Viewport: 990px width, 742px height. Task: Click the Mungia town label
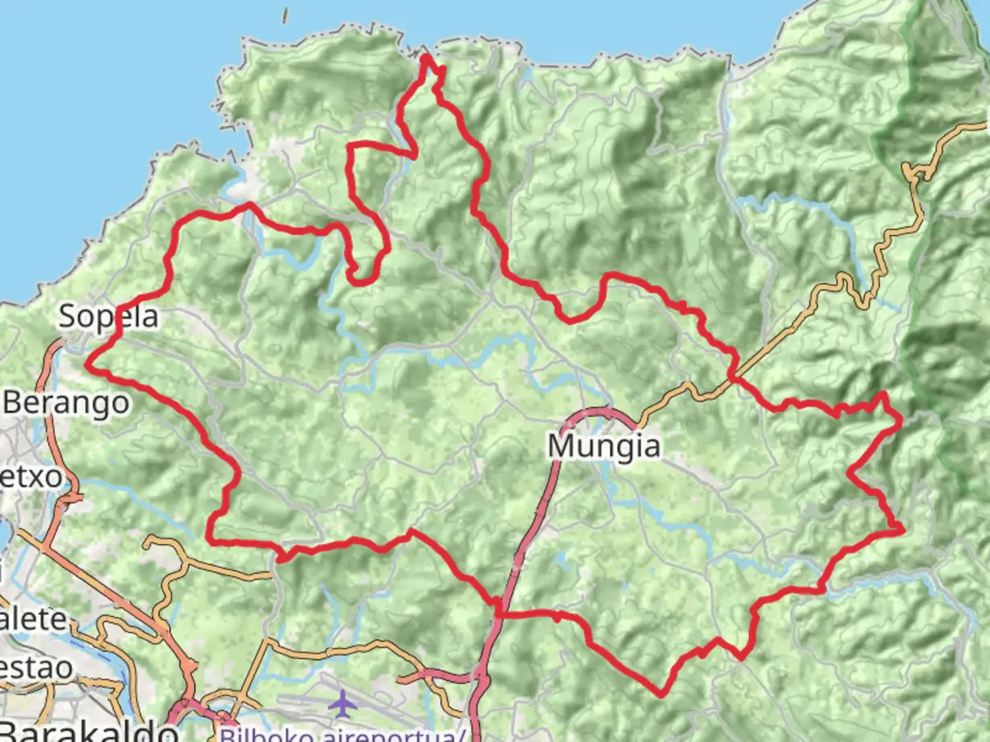point(604,447)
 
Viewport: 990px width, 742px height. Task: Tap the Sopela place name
point(109,317)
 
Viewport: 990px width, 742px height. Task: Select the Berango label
point(66,403)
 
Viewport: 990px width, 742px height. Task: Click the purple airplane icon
point(340,702)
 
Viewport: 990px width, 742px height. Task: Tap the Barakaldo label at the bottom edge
point(89,730)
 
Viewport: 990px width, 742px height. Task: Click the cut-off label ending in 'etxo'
point(30,476)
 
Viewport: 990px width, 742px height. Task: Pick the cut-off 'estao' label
point(36,667)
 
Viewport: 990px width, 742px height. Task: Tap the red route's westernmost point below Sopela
point(87,364)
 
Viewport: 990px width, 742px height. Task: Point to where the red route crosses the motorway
point(500,611)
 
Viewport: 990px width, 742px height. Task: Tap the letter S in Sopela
point(68,317)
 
